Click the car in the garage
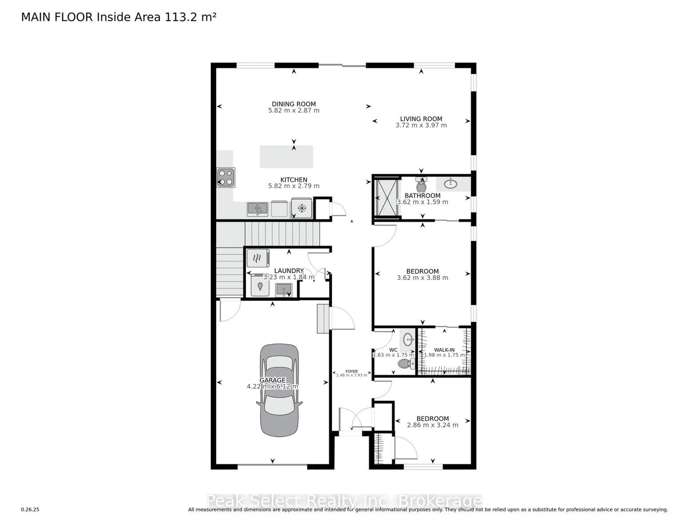(x=279, y=390)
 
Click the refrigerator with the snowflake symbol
(x=302, y=208)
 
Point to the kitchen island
(x=286, y=157)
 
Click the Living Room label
(x=421, y=119)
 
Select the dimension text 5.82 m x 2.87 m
(x=294, y=111)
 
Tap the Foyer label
(x=351, y=371)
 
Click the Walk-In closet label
(x=444, y=350)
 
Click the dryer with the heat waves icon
(x=258, y=258)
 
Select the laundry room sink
(x=284, y=290)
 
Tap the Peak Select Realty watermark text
(x=344, y=500)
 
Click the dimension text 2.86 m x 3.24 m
(x=433, y=425)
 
